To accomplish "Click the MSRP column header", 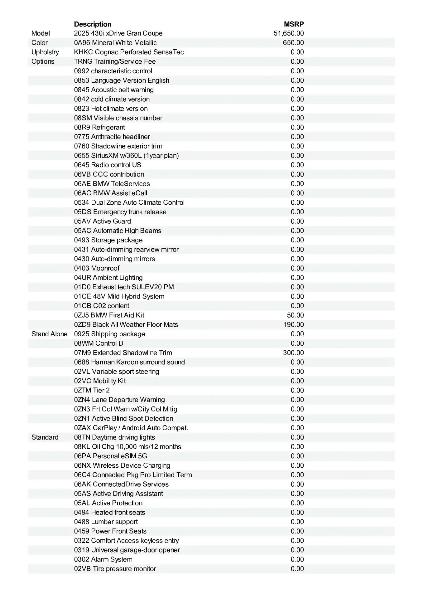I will (x=294, y=24).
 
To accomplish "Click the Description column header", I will (x=93, y=24).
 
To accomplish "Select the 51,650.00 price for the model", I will (x=289, y=33).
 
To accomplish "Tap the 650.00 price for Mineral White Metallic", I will (x=293, y=43).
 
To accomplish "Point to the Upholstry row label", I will (x=45, y=52).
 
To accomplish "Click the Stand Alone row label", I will (x=49, y=334).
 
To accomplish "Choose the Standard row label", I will (x=45, y=437).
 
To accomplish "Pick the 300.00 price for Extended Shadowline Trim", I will (x=293, y=353).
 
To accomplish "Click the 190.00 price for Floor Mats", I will (x=293, y=325).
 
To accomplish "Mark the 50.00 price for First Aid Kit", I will (x=295, y=315).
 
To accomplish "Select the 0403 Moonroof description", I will (x=97, y=268).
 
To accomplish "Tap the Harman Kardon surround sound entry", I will (x=129, y=362).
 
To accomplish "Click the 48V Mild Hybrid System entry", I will (x=119, y=296).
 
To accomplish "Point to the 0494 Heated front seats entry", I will (x=109, y=512).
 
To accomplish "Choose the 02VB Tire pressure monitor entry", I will (x=115, y=569).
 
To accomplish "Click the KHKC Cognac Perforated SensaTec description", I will (x=129, y=52).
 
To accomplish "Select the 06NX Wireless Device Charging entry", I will (x=122, y=465).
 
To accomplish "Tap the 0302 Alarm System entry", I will (x=103, y=559).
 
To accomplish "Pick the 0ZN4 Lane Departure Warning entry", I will (x=119, y=400).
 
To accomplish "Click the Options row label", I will (x=43, y=61).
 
